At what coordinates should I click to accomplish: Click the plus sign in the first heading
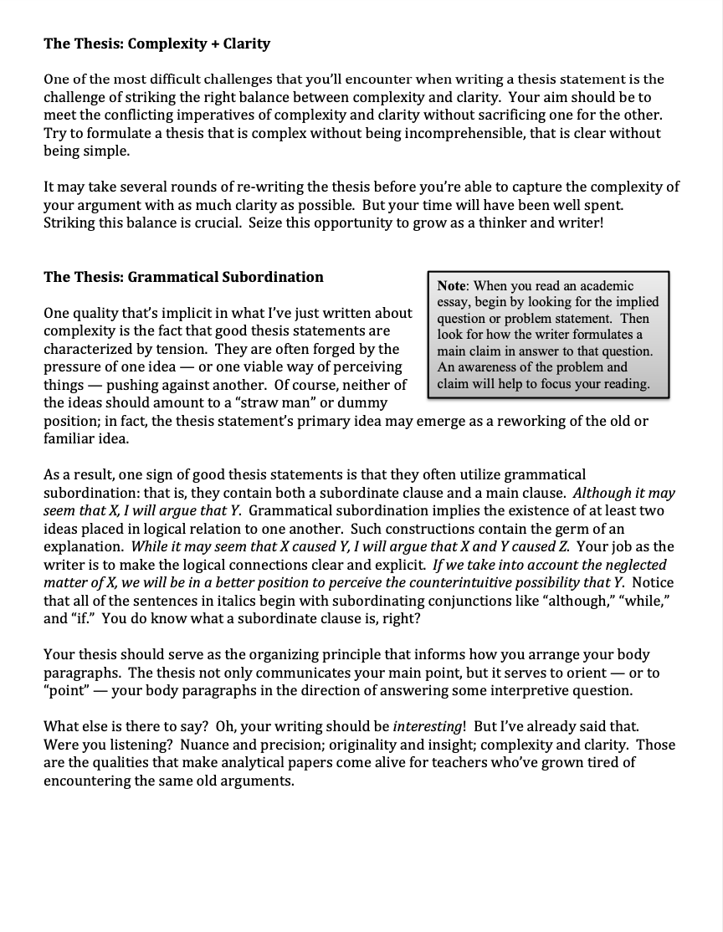[213, 44]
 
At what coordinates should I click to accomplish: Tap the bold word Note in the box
[452, 286]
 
